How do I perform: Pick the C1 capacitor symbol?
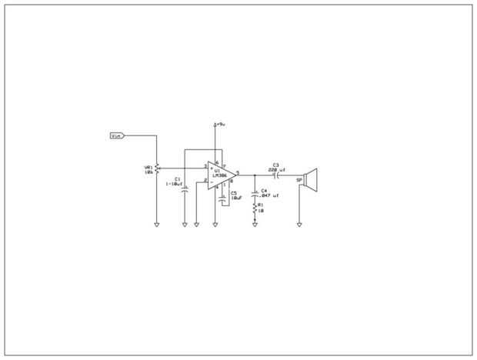pyautogui.click(x=185, y=188)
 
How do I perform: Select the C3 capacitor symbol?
pyautogui.click(x=276, y=175)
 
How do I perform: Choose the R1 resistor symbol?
pyautogui.click(x=255, y=209)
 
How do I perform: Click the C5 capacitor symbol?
pyautogui.click(x=223, y=198)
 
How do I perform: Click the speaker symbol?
pyautogui.click(x=309, y=178)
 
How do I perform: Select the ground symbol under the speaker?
pyautogui.click(x=299, y=225)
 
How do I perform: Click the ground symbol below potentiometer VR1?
pyautogui.click(x=157, y=225)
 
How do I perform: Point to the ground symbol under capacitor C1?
pyautogui.click(x=185, y=225)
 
